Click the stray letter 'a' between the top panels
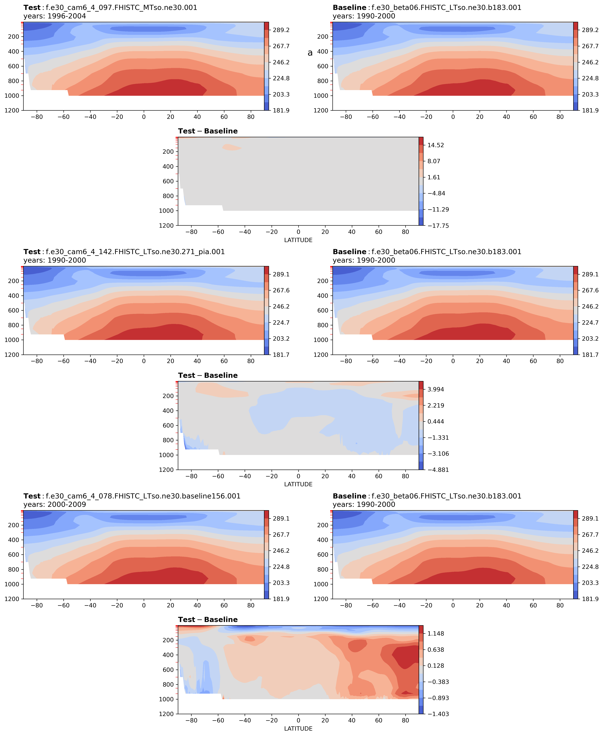(x=310, y=53)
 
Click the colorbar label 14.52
(x=436, y=145)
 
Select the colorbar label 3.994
(x=436, y=390)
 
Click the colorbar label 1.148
(x=436, y=633)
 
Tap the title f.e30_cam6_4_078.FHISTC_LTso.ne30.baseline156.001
(x=143, y=496)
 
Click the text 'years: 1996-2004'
(x=55, y=16)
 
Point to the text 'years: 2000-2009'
(x=55, y=504)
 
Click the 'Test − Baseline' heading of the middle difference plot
(x=208, y=375)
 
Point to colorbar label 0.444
(x=436, y=422)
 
